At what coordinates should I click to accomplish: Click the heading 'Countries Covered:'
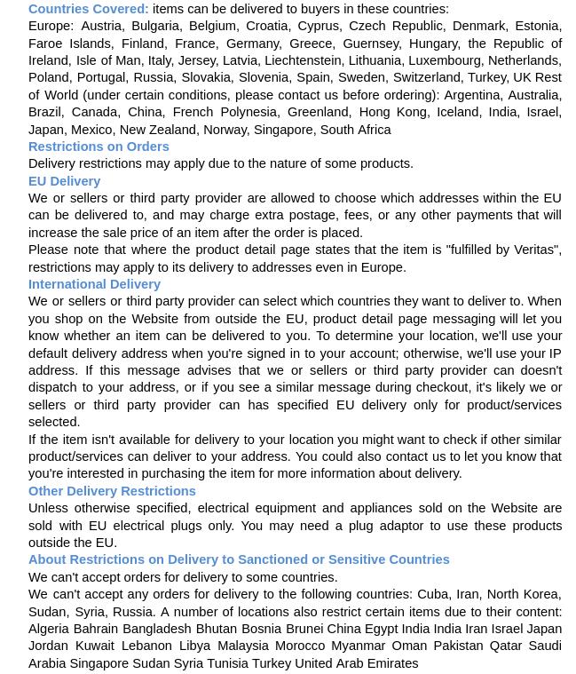[x=88, y=9]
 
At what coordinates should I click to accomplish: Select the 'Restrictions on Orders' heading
[x=99, y=147]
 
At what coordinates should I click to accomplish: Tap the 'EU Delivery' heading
[x=64, y=181]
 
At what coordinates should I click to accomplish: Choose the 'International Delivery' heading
[x=94, y=284]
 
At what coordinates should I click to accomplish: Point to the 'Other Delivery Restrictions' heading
[x=112, y=491]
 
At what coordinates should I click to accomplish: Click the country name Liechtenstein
[x=302, y=60]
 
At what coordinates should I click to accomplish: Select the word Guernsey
[x=370, y=44]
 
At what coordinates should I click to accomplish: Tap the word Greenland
[x=318, y=112]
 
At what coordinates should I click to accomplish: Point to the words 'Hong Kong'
[x=392, y=112]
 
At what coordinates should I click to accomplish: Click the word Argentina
[x=471, y=95]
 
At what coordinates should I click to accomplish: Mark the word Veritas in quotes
[x=534, y=250]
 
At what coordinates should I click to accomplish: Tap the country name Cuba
[x=433, y=594]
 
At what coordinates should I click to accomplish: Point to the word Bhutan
[x=216, y=629]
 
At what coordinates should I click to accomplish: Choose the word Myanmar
[x=358, y=646]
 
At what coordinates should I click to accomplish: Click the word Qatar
[x=506, y=646]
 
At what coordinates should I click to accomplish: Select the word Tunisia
[x=227, y=663]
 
